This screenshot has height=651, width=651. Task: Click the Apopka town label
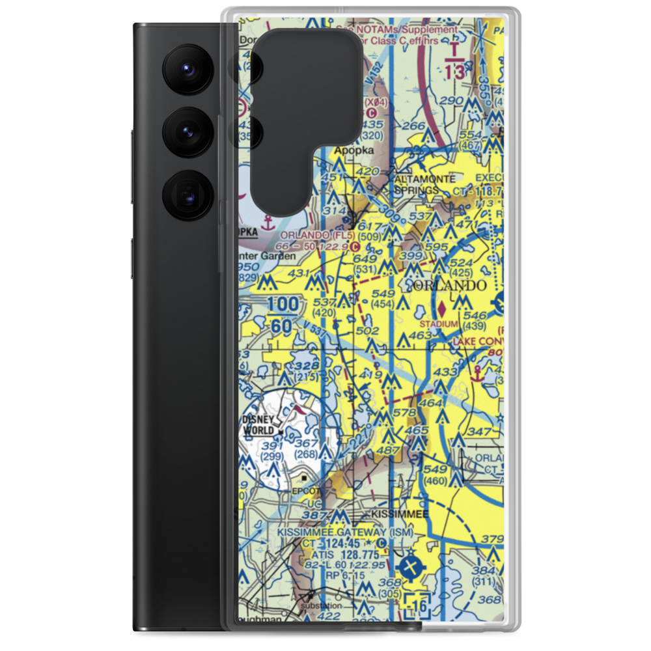coord(354,150)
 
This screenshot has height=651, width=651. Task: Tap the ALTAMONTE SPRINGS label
coord(417,184)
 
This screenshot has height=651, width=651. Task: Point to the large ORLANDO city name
coord(449,286)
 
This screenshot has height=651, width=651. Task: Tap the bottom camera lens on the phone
coord(186,194)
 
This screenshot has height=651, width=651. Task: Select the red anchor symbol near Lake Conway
coord(477,372)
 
